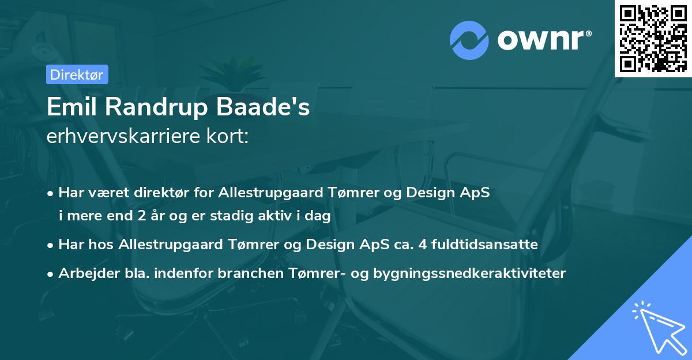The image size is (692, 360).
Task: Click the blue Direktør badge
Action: [x=77, y=74]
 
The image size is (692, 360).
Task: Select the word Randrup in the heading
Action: [x=156, y=107]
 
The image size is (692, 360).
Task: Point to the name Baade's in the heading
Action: [x=262, y=107]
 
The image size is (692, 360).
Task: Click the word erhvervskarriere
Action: [x=123, y=136]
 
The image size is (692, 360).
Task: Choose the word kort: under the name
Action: [x=227, y=136]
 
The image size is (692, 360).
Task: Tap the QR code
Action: [x=653, y=39]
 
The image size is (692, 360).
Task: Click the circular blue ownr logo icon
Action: [x=469, y=40]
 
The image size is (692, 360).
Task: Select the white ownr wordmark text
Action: [x=544, y=40]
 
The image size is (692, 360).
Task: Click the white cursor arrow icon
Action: [x=660, y=328]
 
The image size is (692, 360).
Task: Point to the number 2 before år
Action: [x=142, y=216]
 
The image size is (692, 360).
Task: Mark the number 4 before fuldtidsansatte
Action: [x=423, y=245]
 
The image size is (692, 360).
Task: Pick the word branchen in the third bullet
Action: [x=250, y=273]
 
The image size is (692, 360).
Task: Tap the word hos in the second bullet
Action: [x=101, y=245]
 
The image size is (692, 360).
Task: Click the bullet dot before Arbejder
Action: [x=50, y=274]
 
